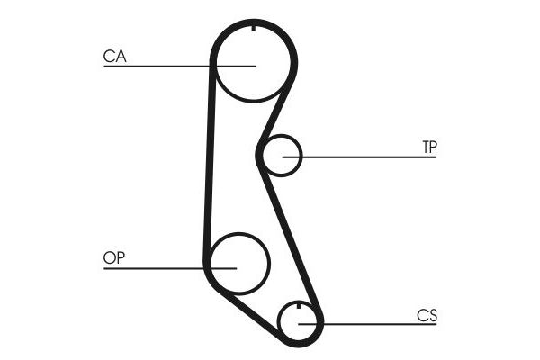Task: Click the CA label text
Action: point(114,57)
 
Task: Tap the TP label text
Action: point(430,147)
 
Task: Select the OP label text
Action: point(114,257)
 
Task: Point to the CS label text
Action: point(427,315)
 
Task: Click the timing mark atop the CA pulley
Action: point(254,28)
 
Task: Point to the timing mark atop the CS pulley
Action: point(298,305)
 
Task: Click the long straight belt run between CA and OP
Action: point(210,162)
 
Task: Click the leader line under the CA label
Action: point(179,66)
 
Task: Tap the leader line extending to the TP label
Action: point(359,157)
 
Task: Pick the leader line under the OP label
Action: point(170,268)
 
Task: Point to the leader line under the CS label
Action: point(367,324)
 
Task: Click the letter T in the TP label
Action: point(426,147)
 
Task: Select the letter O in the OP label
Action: point(109,257)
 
